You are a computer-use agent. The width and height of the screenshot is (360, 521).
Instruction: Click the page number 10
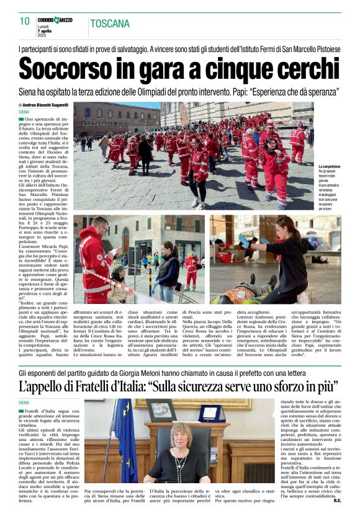coord(25,21)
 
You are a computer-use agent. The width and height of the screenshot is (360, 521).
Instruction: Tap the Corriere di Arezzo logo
coord(55,20)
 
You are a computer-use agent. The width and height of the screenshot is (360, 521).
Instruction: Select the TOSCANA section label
coord(110,24)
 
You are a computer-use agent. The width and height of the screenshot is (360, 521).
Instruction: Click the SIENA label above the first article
coord(24,112)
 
